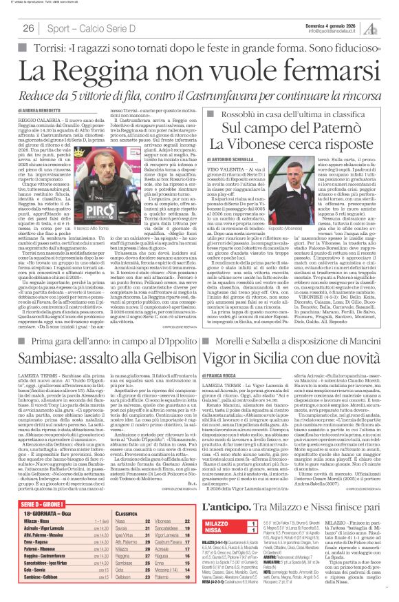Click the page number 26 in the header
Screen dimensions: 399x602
pyautogui.click(x=28, y=28)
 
